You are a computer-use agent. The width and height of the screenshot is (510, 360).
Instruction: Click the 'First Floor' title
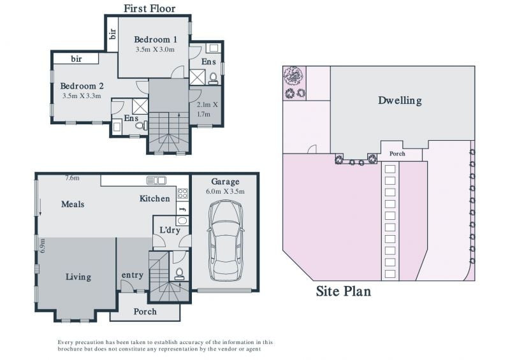point(150,8)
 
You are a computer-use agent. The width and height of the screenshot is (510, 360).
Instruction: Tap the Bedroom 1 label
point(156,40)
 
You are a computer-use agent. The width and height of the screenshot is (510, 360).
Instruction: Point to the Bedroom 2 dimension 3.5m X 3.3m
point(82,96)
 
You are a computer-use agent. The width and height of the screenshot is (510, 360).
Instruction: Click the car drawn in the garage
point(225,240)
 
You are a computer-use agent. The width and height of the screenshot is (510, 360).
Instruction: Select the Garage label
point(225,182)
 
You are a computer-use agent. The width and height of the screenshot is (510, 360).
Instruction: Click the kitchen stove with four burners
point(182,194)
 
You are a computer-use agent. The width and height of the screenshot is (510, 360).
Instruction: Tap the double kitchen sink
point(156,180)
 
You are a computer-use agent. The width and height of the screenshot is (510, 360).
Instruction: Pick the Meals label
point(73,205)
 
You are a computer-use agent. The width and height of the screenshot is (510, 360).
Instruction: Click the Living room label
point(78,277)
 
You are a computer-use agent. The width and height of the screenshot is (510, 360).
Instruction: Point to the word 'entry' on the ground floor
point(133,275)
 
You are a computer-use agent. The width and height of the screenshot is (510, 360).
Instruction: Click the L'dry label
point(170,230)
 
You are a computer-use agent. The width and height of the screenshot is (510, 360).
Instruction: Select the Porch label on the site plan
point(397,154)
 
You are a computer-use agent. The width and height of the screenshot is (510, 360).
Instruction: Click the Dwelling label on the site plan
point(400,100)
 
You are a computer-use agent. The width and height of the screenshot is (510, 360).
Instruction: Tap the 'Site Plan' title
point(343,291)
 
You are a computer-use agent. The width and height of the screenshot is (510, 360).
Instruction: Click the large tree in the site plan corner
point(293,77)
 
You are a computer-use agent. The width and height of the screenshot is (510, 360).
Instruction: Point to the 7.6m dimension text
point(72,178)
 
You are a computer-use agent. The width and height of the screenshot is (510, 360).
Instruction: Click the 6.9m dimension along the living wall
point(43,245)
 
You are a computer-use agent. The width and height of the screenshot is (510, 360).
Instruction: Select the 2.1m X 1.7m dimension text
point(207,109)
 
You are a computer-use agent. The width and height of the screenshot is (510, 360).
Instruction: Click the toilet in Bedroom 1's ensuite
point(214,78)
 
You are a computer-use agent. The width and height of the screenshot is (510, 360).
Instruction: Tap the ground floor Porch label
point(145,312)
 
